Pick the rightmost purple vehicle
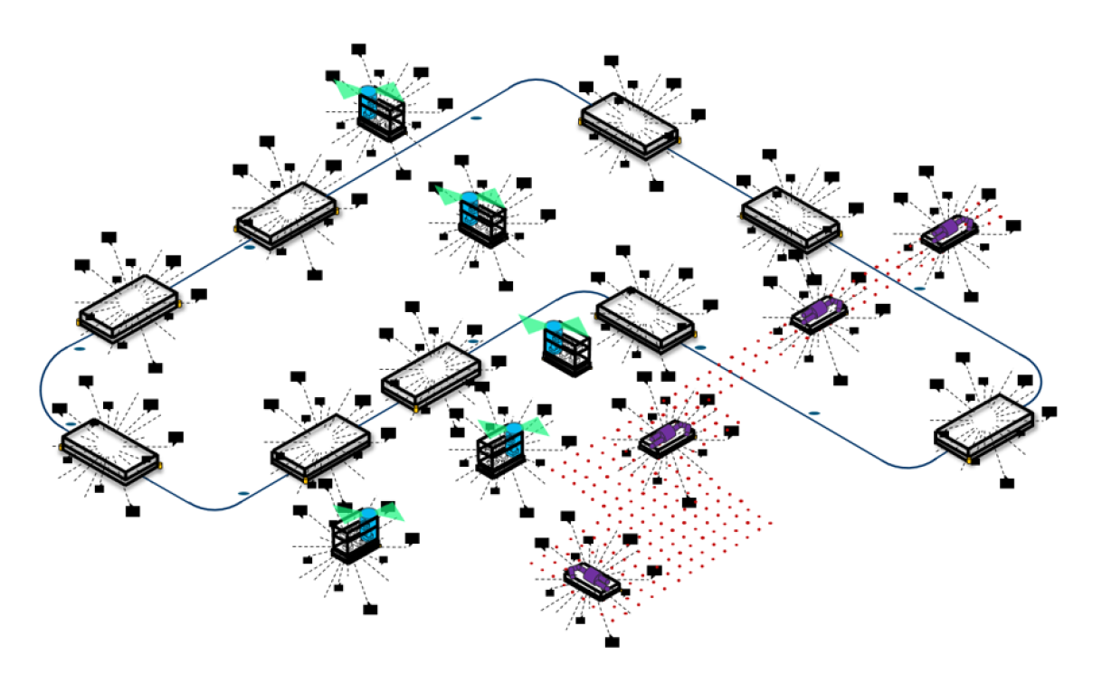[948, 232]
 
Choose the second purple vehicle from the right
[819, 313]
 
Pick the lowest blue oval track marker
[243, 493]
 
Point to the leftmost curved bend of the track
[43, 389]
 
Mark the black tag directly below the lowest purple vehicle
[613, 641]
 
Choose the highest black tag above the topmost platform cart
[612, 62]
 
